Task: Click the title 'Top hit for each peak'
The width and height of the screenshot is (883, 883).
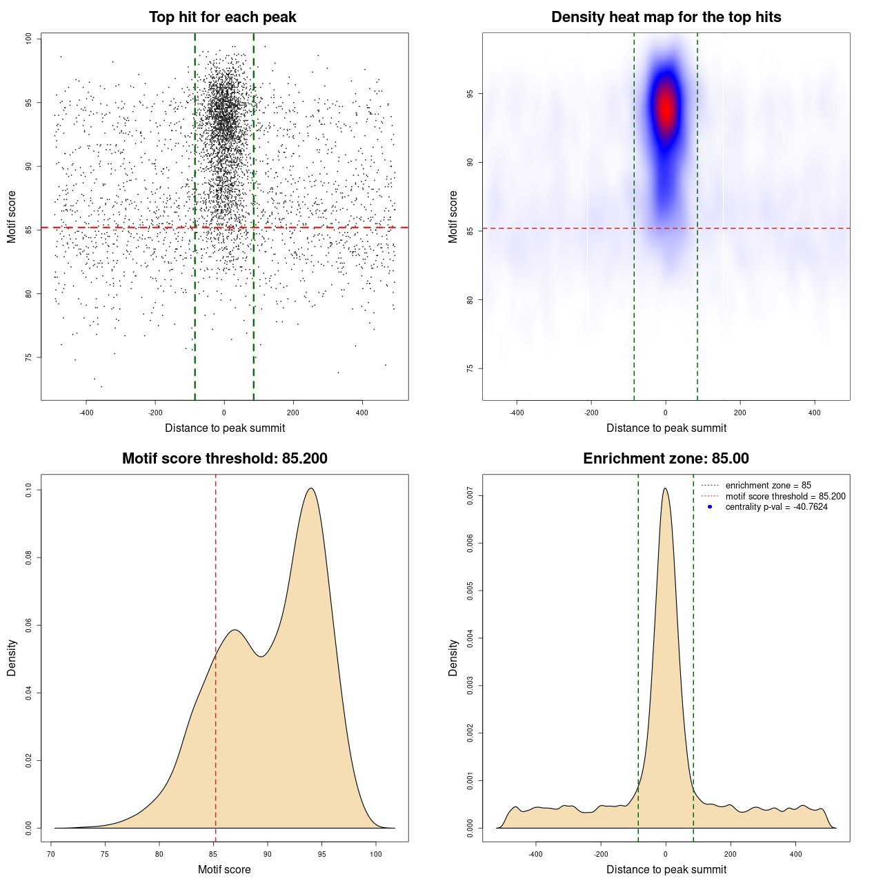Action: tap(223, 17)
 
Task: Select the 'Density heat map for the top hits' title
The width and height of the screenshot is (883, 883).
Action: tap(666, 17)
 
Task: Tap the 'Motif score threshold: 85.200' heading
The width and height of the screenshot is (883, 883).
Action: tap(224, 459)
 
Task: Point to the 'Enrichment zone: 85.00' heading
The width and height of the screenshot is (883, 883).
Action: tap(666, 459)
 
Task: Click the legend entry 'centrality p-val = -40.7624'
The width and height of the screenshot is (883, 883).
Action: tap(776, 507)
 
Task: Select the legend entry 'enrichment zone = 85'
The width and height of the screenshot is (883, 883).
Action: tap(768, 486)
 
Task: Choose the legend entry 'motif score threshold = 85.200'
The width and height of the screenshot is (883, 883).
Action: tap(785, 496)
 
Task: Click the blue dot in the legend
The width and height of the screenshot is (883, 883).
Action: tap(710, 507)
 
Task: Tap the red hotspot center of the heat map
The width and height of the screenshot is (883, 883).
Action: tap(666, 108)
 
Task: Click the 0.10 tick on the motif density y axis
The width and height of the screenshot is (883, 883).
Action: tap(28, 490)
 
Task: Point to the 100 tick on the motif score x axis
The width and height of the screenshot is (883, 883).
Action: tap(375, 854)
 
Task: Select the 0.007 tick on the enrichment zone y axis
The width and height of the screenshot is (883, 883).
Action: tap(470, 495)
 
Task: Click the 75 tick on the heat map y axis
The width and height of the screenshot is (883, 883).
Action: tap(470, 368)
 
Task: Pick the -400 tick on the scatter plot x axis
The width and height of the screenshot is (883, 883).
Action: tap(86, 413)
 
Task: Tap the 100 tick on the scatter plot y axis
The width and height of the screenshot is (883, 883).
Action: tap(28, 39)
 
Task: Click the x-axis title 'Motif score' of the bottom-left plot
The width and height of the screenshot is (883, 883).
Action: tap(224, 869)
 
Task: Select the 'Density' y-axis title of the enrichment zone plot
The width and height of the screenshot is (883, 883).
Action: tap(453, 657)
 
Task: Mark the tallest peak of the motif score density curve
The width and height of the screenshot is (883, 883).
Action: tap(311, 488)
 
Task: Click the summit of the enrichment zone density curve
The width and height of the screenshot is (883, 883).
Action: tap(665, 488)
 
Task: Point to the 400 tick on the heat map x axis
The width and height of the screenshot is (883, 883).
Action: tap(815, 413)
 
